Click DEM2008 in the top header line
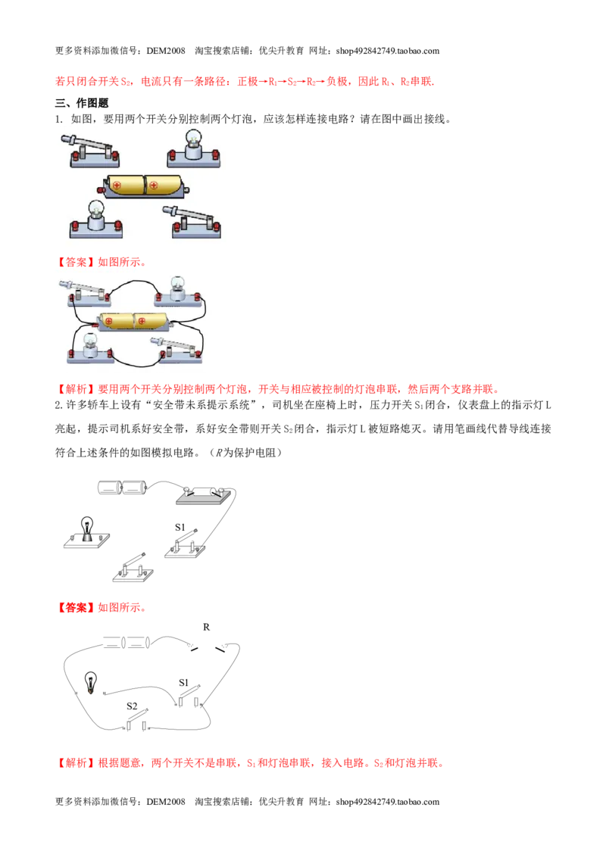[x=166, y=51]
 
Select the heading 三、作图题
[x=82, y=103]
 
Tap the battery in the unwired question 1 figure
[x=143, y=185]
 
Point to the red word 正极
[x=248, y=82]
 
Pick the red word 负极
[x=337, y=82]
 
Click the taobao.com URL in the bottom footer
[x=388, y=802]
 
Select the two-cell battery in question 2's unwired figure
[x=123, y=488]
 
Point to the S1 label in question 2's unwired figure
[x=180, y=528]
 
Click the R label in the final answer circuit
[x=206, y=627]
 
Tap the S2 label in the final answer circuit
[x=132, y=706]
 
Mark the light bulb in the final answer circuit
[x=90, y=683]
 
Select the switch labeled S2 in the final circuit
[x=137, y=721]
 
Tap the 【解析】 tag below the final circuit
[x=76, y=763]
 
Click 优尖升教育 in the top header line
[x=281, y=51]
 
